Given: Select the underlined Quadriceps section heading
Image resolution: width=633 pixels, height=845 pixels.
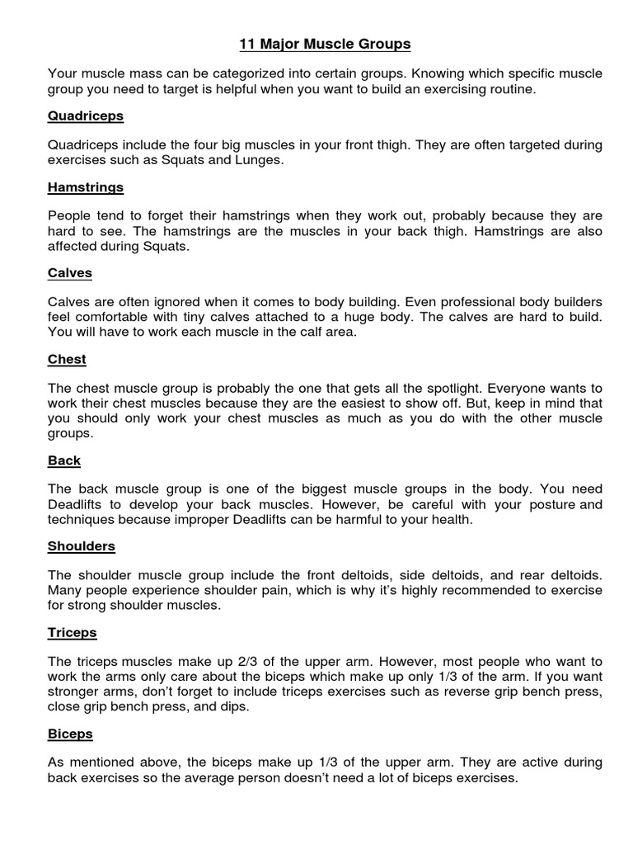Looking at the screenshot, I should (86, 116).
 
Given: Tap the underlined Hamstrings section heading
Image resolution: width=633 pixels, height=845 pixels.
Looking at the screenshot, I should (86, 187).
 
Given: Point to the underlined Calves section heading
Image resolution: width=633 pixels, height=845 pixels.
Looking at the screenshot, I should (70, 272).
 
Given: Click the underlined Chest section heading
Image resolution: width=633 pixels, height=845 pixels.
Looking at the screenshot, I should (67, 360).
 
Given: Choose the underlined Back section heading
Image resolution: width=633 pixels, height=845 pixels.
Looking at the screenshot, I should (64, 460).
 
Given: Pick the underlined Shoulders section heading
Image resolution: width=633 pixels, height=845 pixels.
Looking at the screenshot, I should (82, 546).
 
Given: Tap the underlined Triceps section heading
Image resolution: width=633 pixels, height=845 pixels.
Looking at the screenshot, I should (73, 632).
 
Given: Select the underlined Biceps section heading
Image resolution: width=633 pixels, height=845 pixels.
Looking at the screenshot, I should (70, 734).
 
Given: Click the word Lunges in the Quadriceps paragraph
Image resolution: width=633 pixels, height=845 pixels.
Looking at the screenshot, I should (260, 160).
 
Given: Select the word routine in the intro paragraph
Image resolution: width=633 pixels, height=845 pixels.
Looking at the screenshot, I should (509, 88).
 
